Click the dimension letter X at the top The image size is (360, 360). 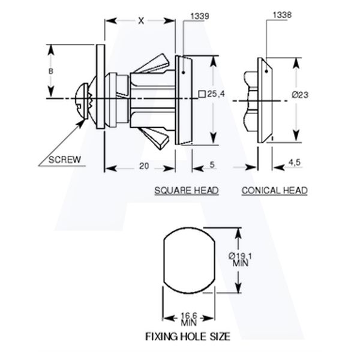tap(141, 21)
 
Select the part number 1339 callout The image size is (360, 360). tap(200, 16)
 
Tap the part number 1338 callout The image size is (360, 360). tap(282, 15)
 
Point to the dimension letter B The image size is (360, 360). tap(51, 71)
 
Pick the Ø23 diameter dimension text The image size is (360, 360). tap(300, 95)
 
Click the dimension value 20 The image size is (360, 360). tap(144, 166)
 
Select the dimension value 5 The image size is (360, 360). tap(212, 164)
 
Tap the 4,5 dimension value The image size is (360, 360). tap(295, 163)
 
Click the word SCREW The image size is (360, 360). tap(65, 160)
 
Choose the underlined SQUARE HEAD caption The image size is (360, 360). tap(187, 191)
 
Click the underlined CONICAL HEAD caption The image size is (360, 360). tap(275, 191)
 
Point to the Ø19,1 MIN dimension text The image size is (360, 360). tap(240, 260)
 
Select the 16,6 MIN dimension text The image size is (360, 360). tap(189, 319)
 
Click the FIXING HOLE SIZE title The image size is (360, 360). tap(188, 337)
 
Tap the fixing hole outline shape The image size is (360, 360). tap(164, 260)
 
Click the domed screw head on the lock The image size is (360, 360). tap(82, 101)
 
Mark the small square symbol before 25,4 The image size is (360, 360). tap(202, 94)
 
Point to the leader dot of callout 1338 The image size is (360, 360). tap(266, 71)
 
